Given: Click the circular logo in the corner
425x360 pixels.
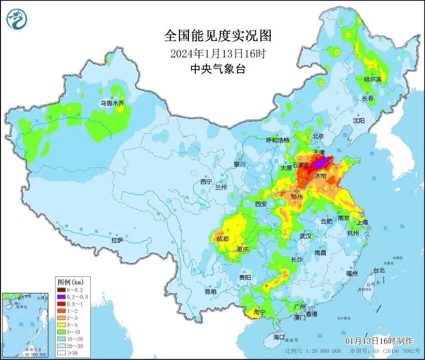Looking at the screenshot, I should pos(17,19).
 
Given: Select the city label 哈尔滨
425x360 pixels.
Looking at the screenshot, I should pos(372,79).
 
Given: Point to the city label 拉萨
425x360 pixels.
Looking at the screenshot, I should pos(117,240).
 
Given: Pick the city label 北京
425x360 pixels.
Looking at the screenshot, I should pos(318,136).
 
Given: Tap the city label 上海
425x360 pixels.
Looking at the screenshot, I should pos(362,222).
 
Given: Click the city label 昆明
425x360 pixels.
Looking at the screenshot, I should pos(210,292).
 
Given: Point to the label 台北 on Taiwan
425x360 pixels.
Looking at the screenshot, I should pos(378,270).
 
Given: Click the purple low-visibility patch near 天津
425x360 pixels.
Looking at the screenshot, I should pos(321,161).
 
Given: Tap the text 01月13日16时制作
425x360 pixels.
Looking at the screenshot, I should pos(379,340).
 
